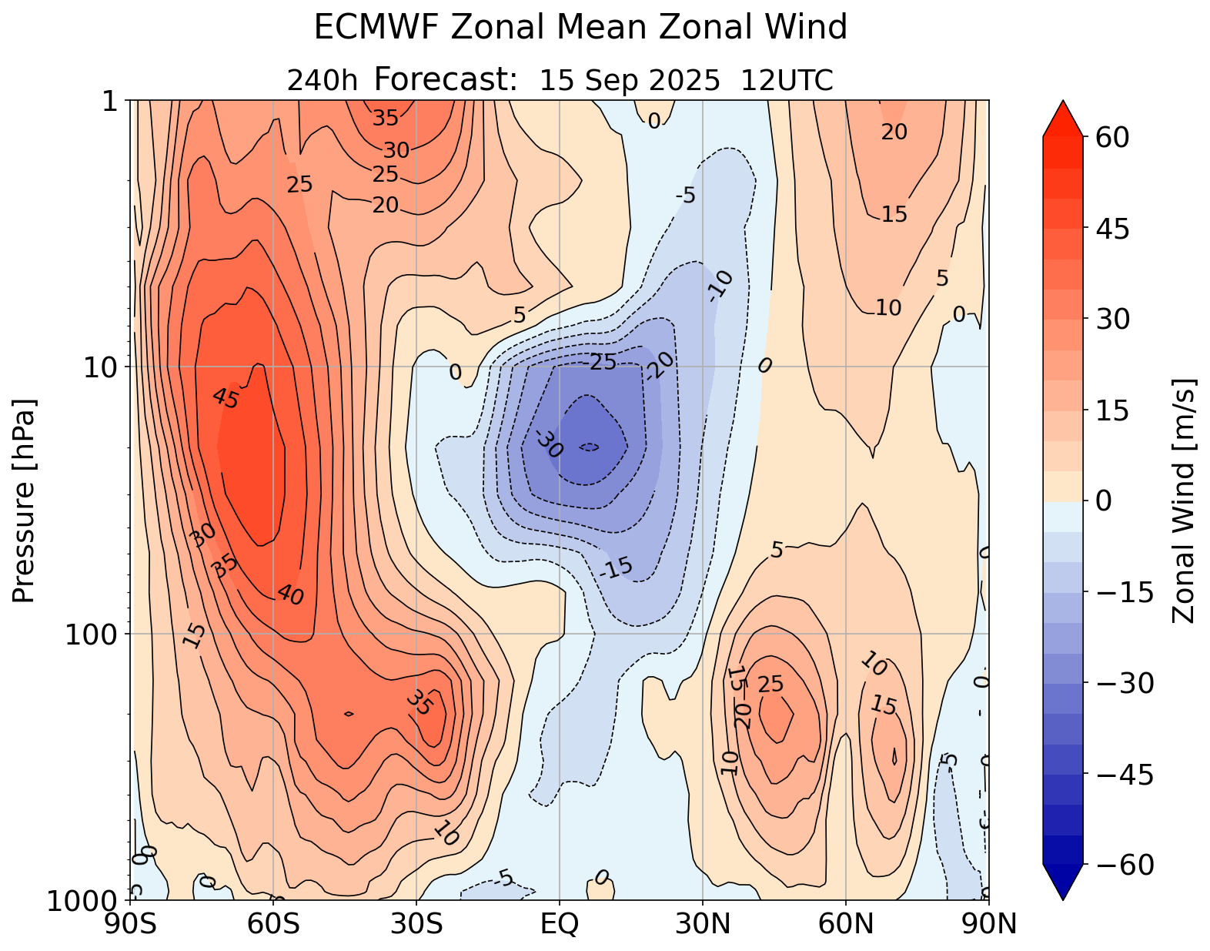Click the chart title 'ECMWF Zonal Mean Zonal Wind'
[x=580, y=28]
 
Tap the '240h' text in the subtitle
[x=322, y=80]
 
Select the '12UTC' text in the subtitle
[x=787, y=80]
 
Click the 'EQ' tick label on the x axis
[x=560, y=923]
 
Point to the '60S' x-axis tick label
[x=272, y=923]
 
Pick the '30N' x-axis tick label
[x=703, y=923]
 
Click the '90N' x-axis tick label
[x=989, y=923]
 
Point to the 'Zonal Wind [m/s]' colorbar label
[x=1183, y=501]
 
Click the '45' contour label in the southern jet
[x=226, y=397]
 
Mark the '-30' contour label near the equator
[x=547, y=444]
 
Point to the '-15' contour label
[x=616, y=568]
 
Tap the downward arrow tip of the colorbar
[x=1062, y=898]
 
